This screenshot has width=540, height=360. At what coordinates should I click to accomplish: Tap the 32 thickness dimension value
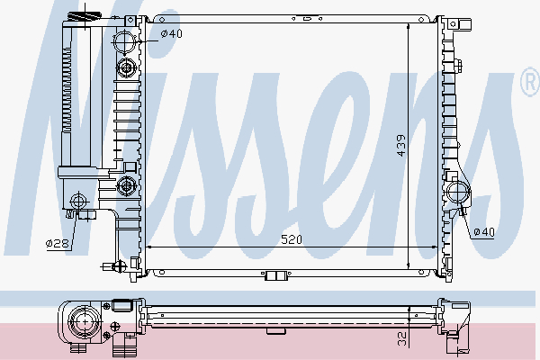pos(400,339)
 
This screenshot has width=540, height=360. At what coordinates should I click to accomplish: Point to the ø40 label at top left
pos(171,34)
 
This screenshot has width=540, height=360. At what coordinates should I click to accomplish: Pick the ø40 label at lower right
pos(484,233)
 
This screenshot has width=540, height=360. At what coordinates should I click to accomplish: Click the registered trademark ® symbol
pos(530,85)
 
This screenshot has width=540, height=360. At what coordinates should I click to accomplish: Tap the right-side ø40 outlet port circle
pos(456,192)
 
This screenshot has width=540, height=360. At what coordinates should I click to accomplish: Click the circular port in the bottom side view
pos(86,319)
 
